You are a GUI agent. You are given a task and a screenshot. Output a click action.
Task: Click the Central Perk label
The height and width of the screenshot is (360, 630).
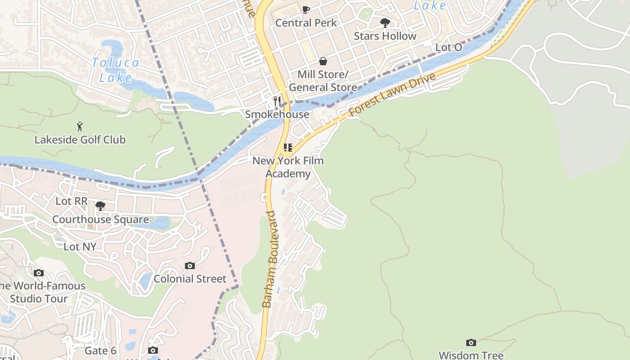pyautogui.click(x=306, y=22)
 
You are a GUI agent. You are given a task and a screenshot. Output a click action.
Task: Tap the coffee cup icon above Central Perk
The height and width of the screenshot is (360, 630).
pyautogui.click(x=306, y=9)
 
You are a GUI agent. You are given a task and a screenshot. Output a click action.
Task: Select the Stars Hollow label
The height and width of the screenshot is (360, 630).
pyautogui.click(x=385, y=36)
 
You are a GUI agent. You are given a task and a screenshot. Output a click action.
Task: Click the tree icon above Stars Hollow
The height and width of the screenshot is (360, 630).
pyautogui.click(x=385, y=22)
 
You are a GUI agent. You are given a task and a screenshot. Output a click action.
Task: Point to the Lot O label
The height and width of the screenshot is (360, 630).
pyautogui.click(x=449, y=48)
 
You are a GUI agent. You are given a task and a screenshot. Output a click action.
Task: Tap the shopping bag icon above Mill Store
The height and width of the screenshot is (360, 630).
pyautogui.click(x=323, y=61)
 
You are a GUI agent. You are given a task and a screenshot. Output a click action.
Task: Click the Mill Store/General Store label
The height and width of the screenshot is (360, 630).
pyautogui.click(x=323, y=81)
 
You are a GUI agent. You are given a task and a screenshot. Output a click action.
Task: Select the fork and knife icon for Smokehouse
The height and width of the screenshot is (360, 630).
pyautogui.click(x=277, y=101)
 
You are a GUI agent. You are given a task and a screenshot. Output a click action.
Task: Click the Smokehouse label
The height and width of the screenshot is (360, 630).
pyautogui.click(x=277, y=114)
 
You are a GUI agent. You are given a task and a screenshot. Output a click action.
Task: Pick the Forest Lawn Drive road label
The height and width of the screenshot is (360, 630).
pyautogui.click(x=392, y=94)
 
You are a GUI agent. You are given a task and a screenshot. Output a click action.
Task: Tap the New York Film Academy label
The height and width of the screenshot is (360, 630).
pyautogui.click(x=288, y=167)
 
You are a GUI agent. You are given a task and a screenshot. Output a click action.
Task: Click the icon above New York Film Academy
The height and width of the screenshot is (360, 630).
pyautogui.click(x=288, y=147)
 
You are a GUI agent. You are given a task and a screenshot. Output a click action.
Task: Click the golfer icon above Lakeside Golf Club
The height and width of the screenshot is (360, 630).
pyautogui.click(x=80, y=126)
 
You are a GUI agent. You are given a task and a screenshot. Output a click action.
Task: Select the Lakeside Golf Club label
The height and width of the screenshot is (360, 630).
pyautogui.click(x=80, y=139)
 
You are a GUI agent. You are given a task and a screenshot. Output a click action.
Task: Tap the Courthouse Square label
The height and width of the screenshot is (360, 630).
pyautogui.click(x=100, y=220)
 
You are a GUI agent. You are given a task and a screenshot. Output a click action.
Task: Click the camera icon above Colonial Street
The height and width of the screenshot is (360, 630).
pyautogui.click(x=190, y=266)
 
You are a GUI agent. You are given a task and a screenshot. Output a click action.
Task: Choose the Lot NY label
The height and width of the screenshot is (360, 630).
pyautogui.click(x=80, y=247)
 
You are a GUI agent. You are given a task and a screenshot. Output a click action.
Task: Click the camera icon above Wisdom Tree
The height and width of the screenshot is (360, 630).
pyautogui.click(x=471, y=343)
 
